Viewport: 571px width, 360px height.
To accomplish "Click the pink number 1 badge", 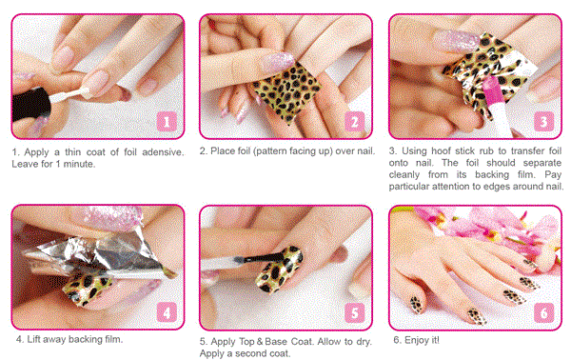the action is (167, 121).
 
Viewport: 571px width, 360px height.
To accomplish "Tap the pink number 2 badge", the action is (355, 121).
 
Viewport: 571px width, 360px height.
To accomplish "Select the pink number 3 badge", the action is (543, 121).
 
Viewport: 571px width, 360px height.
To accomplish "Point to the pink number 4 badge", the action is (167, 312).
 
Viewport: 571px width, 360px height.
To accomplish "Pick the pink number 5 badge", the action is (355, 312).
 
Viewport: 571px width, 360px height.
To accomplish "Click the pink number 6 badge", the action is (543, 312).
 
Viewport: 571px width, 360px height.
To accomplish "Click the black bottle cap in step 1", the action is (31, 104).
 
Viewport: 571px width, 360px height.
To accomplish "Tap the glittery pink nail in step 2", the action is (278, 62).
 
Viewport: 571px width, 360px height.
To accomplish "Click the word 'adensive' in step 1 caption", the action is (163, 152).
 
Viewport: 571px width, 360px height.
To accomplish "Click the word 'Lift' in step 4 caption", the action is (33, 339).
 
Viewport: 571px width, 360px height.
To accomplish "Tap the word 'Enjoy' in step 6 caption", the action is (417, 340).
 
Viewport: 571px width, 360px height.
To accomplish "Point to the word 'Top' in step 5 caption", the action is (246, 342).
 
